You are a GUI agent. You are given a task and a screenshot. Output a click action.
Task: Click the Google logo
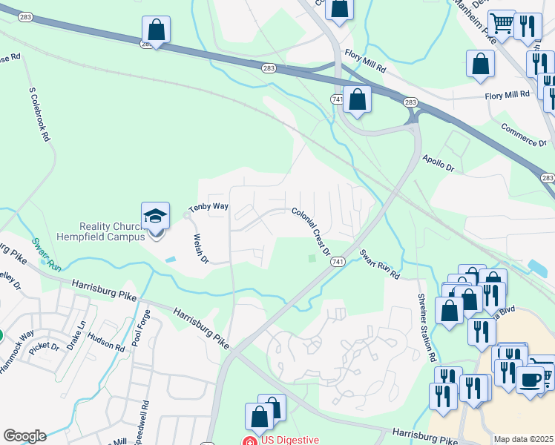click(x=24, y=436)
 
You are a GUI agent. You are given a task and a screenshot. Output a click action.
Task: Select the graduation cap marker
click(x=156, y=216)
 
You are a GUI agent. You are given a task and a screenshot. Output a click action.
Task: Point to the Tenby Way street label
click(x=208, y=207)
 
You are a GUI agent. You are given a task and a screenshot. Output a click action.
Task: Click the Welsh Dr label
click(x=200, y=250)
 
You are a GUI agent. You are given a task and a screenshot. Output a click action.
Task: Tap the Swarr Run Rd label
click(x=380, y=264)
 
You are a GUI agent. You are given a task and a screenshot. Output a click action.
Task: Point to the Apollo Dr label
click(x=438, y=162)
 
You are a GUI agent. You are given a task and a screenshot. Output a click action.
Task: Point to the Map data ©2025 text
click(x=523, y=439)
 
